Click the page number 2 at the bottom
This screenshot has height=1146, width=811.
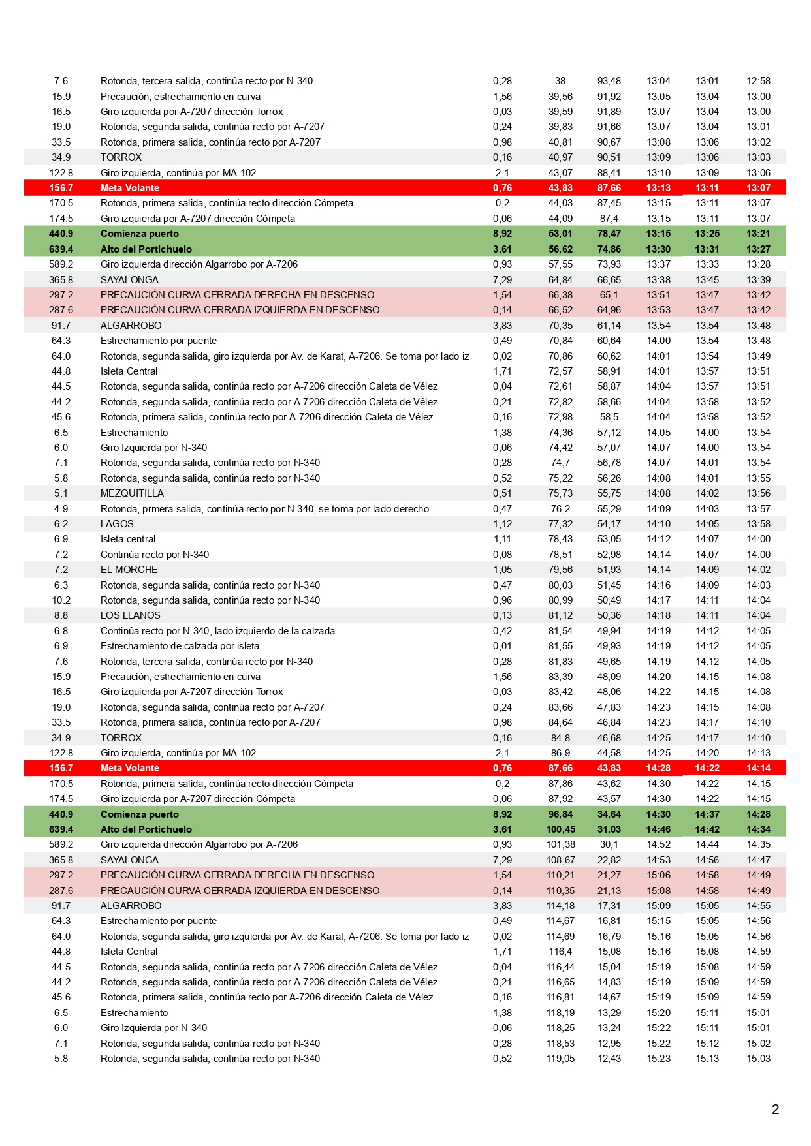(775, 1109)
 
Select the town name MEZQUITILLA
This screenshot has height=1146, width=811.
(132, 493)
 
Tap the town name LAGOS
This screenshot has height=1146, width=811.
(117, 524)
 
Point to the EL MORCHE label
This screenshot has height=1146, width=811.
(129, 570)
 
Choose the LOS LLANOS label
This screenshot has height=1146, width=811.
(130, 615)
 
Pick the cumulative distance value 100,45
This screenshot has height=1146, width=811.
(560, 829)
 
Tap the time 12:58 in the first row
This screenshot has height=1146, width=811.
(758, 81)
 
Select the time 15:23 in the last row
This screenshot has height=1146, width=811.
(658, 1059)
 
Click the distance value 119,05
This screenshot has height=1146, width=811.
(560, 1059)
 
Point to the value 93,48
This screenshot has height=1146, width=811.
(609, 81)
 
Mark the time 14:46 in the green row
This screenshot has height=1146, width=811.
(658, 829)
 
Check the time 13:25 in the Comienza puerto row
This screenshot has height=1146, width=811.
(707, 234)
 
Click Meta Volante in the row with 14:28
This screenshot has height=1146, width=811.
(129, 768)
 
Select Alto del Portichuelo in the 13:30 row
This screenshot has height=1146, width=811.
(146, 249)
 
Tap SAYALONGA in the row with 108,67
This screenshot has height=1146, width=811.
(129, 860)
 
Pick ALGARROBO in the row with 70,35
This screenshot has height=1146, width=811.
(131, 326)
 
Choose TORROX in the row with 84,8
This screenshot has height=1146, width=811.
(121, 738)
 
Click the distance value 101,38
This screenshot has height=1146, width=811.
(560, 844)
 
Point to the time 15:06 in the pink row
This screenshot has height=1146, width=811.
(658, 875)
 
